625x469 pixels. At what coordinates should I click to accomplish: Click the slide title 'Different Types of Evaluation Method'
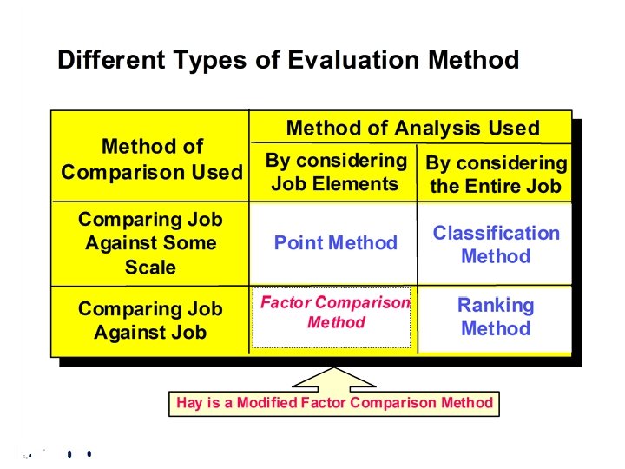pos(287,60)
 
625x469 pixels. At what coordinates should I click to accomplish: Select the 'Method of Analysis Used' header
pos(412,129)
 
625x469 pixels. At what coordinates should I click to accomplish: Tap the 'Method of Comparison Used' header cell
pos(152,159)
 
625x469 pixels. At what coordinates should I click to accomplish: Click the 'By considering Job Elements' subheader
pos(335,172)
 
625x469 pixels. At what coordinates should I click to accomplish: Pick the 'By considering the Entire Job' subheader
pos(496,175)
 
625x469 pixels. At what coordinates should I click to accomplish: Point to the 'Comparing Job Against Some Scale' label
pos(150,243)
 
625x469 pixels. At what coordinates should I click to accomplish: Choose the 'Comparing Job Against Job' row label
pos(150,320)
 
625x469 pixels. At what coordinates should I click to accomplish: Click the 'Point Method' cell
pos(335,243)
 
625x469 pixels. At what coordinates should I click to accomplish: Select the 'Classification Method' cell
pos(496,244)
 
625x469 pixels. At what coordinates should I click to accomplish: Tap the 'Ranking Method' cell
pos(496,317)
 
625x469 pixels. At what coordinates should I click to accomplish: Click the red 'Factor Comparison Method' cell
pos(335,313)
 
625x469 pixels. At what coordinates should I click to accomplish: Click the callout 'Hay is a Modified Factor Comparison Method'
pos(334,403)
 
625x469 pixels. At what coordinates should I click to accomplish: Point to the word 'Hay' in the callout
pos(188,403)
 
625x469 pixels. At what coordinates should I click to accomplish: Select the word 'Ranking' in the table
pos(496,306)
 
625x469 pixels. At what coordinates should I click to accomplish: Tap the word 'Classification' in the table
pos(496,233)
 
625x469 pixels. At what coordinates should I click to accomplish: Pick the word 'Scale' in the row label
pos(150,267)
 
